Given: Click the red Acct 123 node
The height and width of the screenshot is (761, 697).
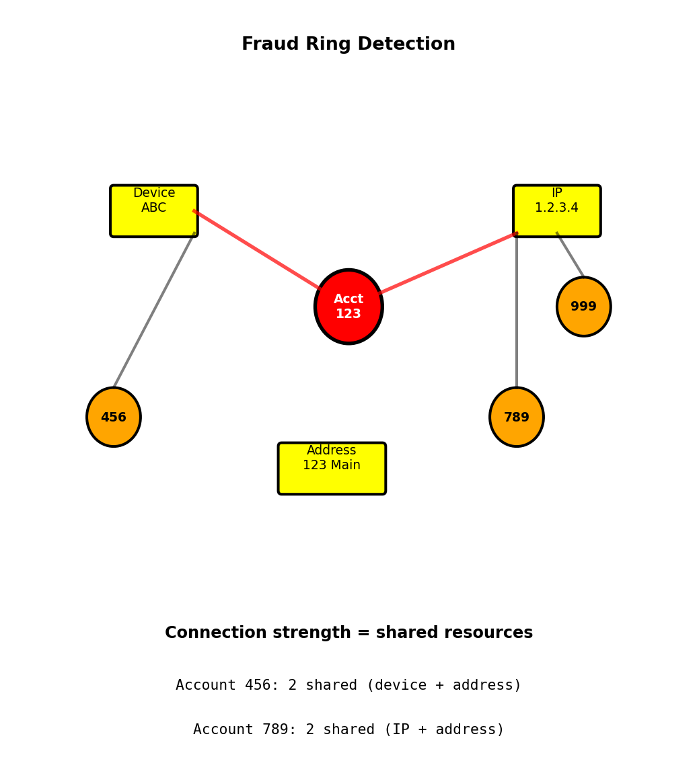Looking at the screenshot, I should click(348, 307).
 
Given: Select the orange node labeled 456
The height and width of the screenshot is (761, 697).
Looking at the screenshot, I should click(114, 417).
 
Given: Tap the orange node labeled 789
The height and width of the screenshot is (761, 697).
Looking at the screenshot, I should click(517, 417).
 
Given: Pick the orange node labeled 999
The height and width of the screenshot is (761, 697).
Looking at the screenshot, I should click(584, 307).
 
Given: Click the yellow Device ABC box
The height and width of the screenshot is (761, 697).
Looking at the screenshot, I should click(154, 211).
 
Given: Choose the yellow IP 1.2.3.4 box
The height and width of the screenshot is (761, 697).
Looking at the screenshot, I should click(557, 211).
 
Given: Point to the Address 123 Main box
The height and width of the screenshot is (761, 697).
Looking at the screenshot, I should click(332, 469).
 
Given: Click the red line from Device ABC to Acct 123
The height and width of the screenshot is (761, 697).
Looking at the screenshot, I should click(257, 249).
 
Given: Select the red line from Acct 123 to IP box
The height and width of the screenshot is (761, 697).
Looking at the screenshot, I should click(448, 264).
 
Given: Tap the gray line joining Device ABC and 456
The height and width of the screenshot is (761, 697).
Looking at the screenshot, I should click(154, 310).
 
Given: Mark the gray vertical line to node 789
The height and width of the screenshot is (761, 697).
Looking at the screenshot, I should click(517, 310).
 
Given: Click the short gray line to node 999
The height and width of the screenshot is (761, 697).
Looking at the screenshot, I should click(571, 255).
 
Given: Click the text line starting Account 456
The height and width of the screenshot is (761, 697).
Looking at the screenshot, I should click(348, 686).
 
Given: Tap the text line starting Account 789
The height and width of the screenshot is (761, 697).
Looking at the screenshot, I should click(348, 730).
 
